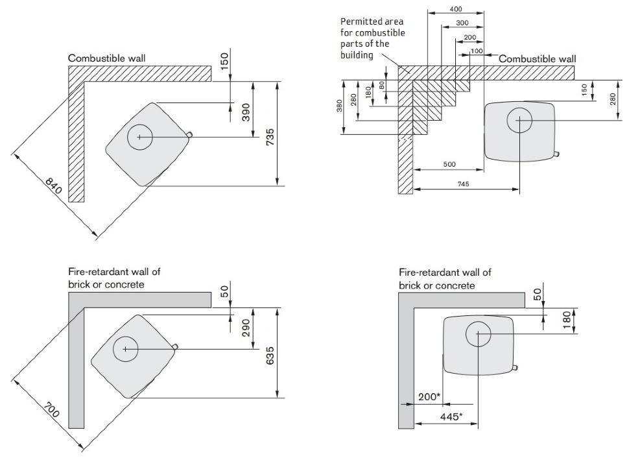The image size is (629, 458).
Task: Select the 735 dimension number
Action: [270, 137]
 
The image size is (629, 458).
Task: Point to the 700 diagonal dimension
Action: [51, 410]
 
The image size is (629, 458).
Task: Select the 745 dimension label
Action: [464, 184]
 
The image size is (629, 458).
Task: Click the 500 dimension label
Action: [449, 164]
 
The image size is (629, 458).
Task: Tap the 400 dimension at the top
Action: [455, 9]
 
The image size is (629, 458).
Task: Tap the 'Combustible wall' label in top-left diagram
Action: [107, 58]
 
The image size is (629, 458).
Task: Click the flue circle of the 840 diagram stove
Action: [140, 138]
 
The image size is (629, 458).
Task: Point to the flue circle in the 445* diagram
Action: [478, 333]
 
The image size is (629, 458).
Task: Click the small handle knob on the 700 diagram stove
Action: [175, 346]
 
